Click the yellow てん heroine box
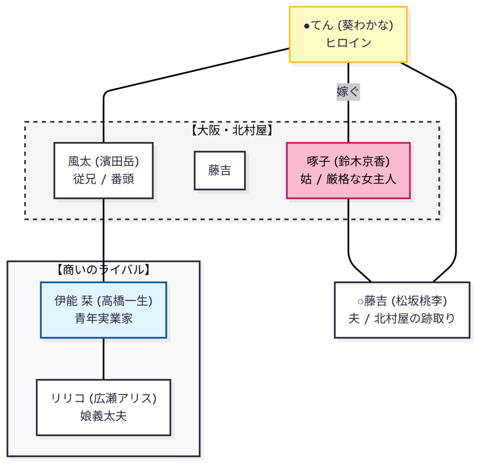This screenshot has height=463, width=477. tap(348, 34)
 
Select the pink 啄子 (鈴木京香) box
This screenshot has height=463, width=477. tap(348, 170)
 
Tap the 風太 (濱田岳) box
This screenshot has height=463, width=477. tap(103, 170)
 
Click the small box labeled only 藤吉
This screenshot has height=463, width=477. tap(219, 170)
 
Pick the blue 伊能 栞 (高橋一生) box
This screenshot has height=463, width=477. tap(103, 310)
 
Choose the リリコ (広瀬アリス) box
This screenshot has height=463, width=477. tap(103, 407)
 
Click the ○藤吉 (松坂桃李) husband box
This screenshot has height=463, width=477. tap(402, 310)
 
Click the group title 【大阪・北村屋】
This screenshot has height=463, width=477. tap(232, 130)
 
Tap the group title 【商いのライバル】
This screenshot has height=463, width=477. tap(103, 269)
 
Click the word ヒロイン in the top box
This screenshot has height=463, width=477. tap(348, 43)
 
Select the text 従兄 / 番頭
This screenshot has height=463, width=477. tap(103, 179)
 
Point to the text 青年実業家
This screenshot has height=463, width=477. tap(103, 319)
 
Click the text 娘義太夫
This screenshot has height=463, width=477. tap(103, 416)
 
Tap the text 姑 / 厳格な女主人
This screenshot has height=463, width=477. tap(348, 179)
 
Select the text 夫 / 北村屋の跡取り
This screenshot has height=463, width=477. tap(402, 319)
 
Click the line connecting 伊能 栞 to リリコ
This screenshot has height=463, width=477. tap(103, 358)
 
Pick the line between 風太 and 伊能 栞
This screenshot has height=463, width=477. tap(103, 233)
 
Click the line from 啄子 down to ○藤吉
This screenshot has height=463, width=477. tap(348, 233)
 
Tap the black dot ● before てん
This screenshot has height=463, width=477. tap(307, 26)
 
